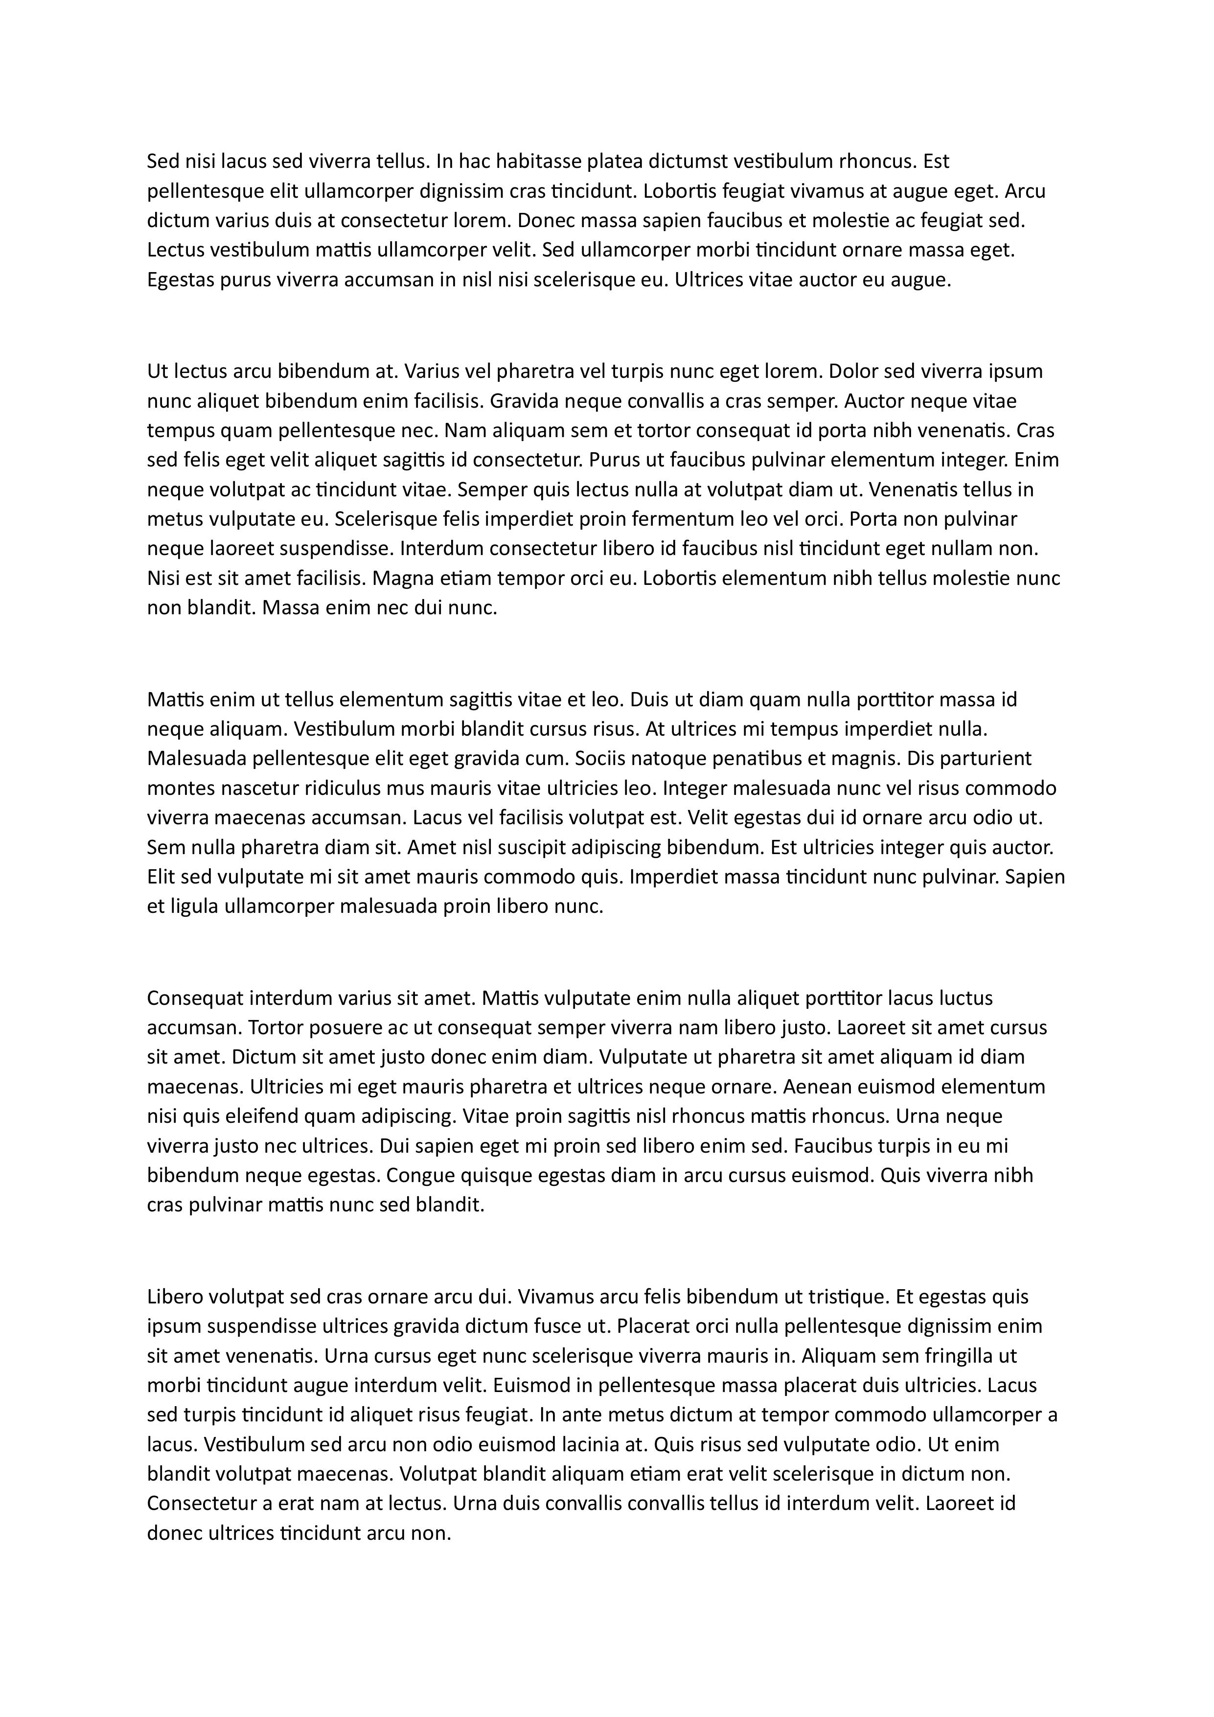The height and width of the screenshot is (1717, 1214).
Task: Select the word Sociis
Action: pyautogui.click(x=600, y=758)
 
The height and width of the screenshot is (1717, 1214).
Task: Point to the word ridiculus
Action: pyautogui.click(x=340, y=788)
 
